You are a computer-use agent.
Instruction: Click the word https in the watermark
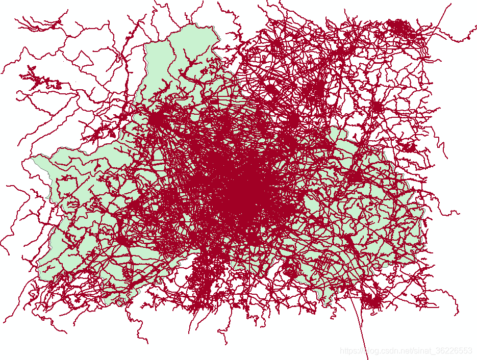coord(350,351)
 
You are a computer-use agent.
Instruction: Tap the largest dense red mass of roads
coord(245,189)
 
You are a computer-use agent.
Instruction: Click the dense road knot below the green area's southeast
coord(372,302)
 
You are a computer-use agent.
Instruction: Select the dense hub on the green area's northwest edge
coord(156,119)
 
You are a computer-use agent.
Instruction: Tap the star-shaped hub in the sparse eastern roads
coord(377,107)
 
